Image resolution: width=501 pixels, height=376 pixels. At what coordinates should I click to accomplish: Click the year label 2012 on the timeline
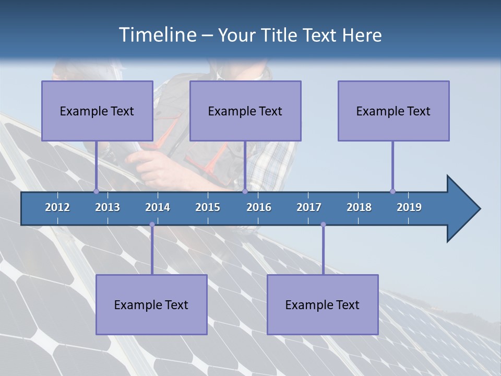click(57, 207)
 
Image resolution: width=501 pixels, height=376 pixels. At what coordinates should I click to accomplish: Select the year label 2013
click(108, 207)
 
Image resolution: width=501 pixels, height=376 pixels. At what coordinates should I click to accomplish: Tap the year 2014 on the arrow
click(158, 207)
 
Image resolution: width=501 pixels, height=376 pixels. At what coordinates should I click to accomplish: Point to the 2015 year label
click(208, 207)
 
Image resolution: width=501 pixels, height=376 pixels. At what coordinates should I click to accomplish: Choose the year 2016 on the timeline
click(259, 207)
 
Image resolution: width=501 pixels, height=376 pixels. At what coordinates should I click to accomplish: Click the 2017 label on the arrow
click(309, 207)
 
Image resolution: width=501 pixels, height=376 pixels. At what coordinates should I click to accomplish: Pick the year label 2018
click(359, 207)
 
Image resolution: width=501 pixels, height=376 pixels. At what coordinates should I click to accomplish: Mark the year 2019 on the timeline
click(409, 207)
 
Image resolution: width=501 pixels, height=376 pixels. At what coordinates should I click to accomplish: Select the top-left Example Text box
click(97, 111)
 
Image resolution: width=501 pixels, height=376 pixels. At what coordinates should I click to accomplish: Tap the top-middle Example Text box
click(245, 111)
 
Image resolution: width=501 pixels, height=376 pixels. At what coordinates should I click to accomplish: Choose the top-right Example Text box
click(393, 111)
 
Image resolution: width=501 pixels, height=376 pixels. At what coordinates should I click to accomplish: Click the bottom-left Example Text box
click(151, 304)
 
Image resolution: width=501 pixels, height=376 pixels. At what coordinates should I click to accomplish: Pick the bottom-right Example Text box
click(323, 304)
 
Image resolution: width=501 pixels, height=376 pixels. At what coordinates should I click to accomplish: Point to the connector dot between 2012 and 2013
click(96, 191)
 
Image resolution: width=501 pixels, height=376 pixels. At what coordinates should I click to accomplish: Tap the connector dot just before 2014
click(152, 225)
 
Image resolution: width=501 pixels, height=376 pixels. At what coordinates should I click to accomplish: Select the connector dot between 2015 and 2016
click(245, 191)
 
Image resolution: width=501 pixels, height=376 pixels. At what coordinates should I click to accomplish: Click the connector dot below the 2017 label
click(323, 225)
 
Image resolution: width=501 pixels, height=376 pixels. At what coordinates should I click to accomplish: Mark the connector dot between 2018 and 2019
click(392, 191)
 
